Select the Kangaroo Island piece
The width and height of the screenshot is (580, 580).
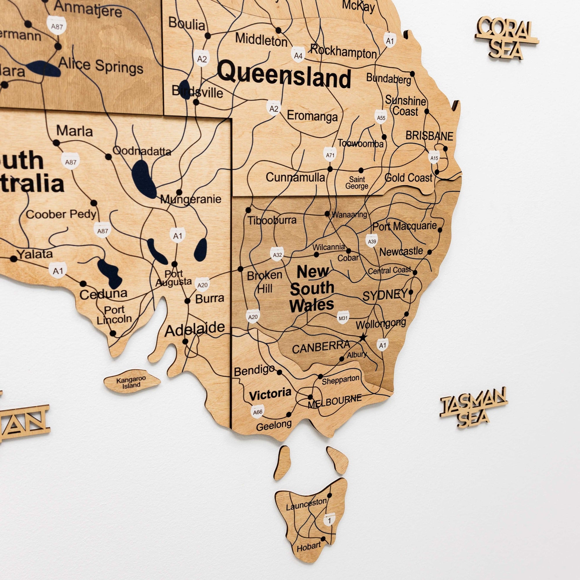pyautogui.click(x=131, y=382)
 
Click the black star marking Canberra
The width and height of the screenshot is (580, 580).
pyautogui.click(x=363, y=337)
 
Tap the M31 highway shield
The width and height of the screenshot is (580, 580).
pyautogui.click(x=343, y=318)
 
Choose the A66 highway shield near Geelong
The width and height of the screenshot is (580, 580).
pyautogui.click(x=258, y=412)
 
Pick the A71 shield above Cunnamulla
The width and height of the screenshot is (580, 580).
pyautogui.click(x=330, y=155)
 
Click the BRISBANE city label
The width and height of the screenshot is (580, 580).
pyautogui.click(x=429, y=136)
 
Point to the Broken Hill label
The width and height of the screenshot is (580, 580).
pyautogui.click(x=264, y=282)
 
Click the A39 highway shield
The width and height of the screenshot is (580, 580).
pyautogui.click(x=372, y=241)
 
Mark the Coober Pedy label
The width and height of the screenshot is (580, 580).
pyautogui.click(x=61, y=214)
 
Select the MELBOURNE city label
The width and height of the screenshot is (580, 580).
pyautogui.click(x=334, y=401)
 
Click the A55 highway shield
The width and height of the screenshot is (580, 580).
pyautogui.click(x=381, y=118)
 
